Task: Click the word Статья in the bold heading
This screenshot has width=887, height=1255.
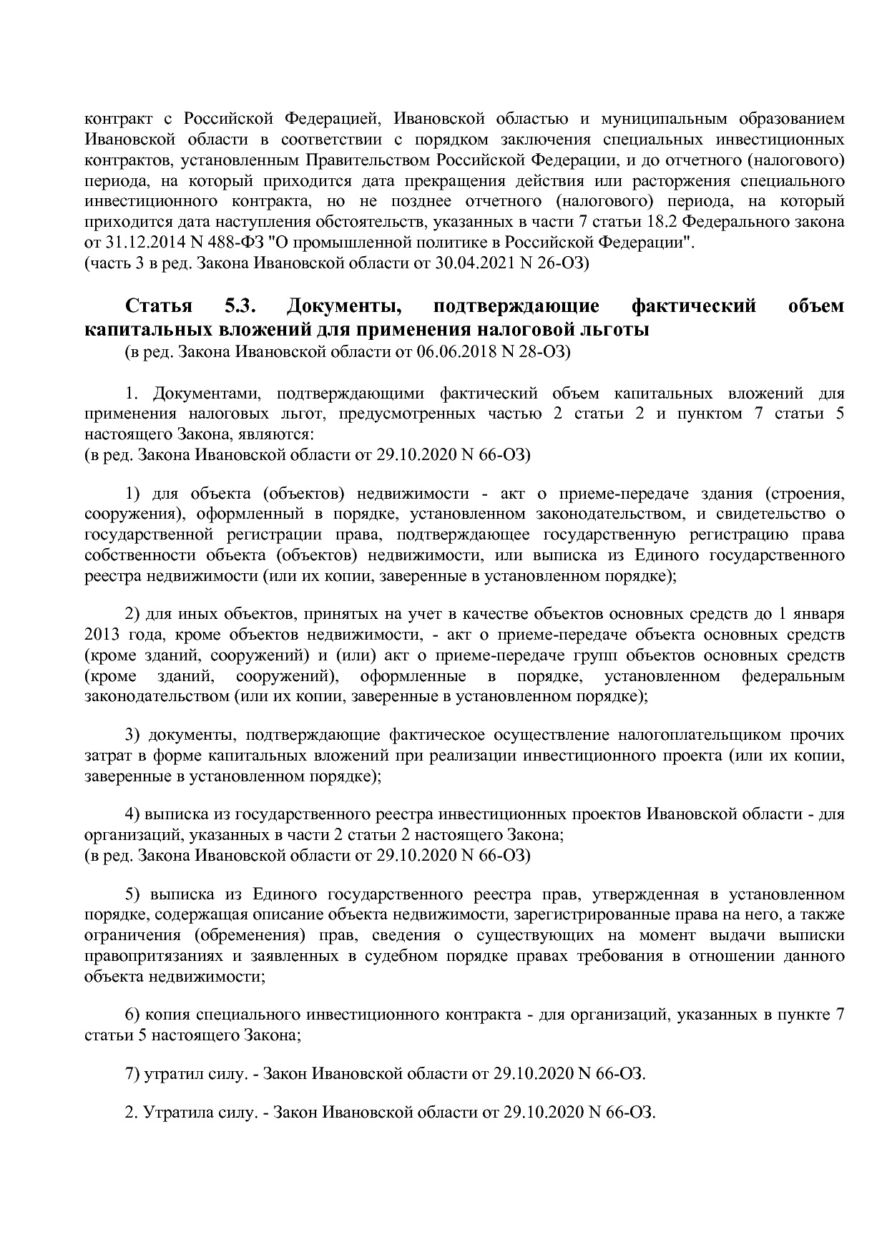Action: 159,306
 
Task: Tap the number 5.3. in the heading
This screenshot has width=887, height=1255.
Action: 240,306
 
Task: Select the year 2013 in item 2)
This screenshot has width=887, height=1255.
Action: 102,634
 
